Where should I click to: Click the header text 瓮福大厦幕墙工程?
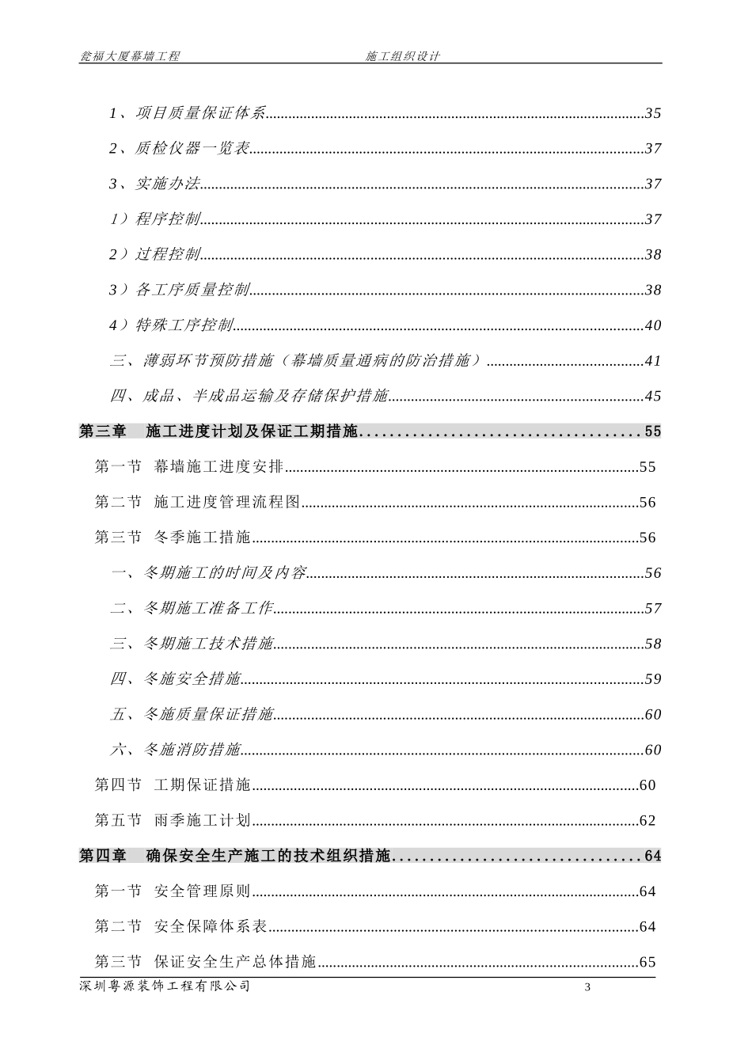coord(130,56)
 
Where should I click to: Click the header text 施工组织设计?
coord(402,56)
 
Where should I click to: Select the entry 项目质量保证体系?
coord(200,113)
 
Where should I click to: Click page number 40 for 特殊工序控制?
coord(653,325)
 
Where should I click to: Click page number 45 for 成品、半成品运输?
coord(653,396)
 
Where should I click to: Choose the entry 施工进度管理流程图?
coord(227,503)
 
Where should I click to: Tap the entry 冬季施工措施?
coord(203,538)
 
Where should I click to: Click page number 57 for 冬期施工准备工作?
coord(653,609)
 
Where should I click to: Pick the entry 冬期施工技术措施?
coord(208,644)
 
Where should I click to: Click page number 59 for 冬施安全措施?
coord(653,679)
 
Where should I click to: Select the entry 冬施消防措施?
coord(192,750)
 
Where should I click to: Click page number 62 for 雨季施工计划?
coord(648,821)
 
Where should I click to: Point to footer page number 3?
coord(587,987)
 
